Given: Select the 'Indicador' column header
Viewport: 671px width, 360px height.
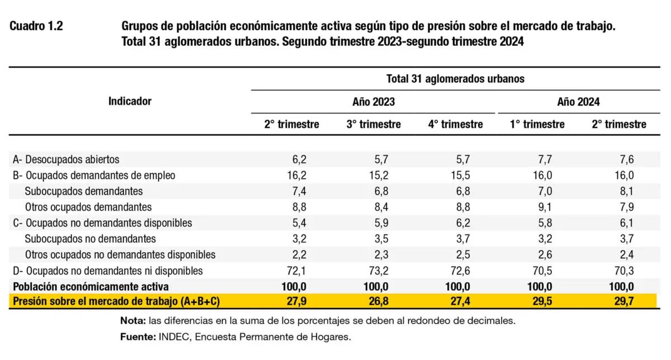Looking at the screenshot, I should pyautogui.click(x=130, y=101).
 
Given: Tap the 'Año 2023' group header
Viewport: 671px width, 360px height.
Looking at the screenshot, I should pyautogui.click(x=373, y=102).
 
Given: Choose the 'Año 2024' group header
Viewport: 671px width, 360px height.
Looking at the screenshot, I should pyautogui.click(x=578, y=102).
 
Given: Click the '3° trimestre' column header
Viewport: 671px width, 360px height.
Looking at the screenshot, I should pyautogui.click(x=374, y=124).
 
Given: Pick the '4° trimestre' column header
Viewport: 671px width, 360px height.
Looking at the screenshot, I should pyautogui.click(x=455, y=124).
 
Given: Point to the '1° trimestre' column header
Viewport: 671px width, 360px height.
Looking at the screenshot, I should pyautogui.click(x=537, y=124).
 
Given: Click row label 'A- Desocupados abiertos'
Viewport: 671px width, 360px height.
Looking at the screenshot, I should pyautogui.click(x=66, y=159).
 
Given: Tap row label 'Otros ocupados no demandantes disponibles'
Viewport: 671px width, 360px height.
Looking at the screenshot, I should pyautogui.click(x=120, y=255).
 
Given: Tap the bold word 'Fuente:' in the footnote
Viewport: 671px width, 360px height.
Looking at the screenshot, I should pyautogui.click(x=138, y=337).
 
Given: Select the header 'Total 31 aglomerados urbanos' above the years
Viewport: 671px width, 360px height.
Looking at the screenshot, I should pyautogui.click(x=455, y=79).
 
